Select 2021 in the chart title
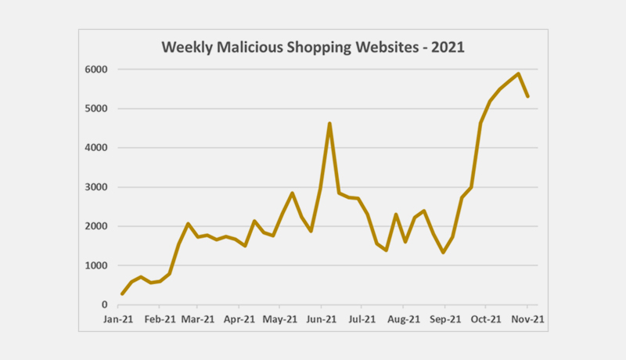click(x=447, y=48)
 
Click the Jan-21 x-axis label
click(x=119, y=319)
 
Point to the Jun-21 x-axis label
click(x=321, y=319)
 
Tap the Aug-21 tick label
click(x=404, y=319)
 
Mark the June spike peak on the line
click(x=329, y=124)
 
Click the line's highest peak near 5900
click(x=518, y=74)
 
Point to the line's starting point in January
click(x=122, y=293)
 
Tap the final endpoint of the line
click(x=527, y=96)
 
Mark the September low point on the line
click(x=443, y=252)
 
